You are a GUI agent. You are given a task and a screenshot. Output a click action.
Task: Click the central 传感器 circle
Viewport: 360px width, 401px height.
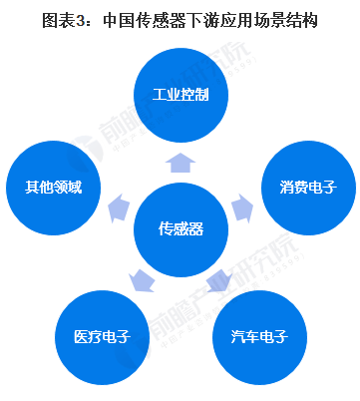pos(180,228)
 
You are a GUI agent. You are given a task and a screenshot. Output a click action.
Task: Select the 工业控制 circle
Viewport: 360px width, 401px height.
pos(180,97)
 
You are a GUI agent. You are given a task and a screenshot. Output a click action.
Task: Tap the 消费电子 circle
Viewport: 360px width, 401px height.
pos(306,187)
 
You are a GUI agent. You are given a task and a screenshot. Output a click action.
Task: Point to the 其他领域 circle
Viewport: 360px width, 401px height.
pos(53,187)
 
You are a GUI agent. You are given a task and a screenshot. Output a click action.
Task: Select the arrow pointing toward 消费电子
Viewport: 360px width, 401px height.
pos(241,206)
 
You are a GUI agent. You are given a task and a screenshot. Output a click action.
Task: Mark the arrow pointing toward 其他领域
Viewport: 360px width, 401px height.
pos(119,206)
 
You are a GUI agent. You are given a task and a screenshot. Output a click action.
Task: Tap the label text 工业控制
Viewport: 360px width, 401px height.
pos(180,97)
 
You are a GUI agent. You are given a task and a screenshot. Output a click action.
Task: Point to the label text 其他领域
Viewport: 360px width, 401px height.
pos(53,187)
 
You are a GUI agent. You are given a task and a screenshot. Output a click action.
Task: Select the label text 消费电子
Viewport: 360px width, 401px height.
pos(306,187)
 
